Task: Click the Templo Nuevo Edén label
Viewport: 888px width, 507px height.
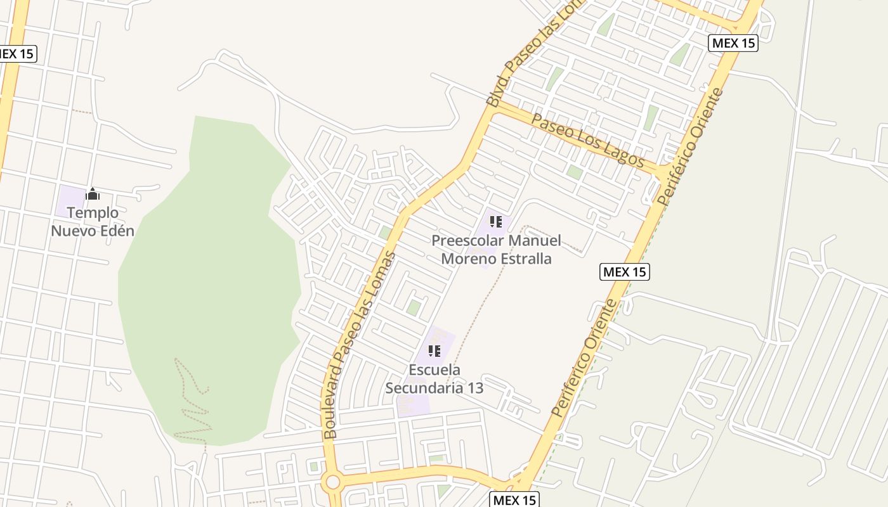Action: coord(93,222)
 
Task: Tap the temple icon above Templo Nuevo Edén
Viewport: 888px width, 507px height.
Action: coord(93,194)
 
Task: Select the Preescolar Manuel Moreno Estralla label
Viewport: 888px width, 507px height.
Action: coord(496,250)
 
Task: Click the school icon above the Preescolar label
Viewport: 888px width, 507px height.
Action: coord(496,222)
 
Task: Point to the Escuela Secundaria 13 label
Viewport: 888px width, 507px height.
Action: coord(434,378)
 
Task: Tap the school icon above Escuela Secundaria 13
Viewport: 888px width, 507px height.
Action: coord(434,350)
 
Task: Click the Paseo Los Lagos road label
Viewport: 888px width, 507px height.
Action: coord(587,140)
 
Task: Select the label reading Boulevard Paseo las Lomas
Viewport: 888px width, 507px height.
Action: coord(359,345)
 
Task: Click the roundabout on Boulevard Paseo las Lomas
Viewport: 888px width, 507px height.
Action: coord(332,482)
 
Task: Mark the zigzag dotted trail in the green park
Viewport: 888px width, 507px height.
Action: coord(190,399)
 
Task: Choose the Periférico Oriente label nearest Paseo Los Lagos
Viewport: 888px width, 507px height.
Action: coord(689,147)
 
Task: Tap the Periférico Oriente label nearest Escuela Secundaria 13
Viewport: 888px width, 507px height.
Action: coord(584,358)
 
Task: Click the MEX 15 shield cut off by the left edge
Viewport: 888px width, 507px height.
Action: coord(17,54)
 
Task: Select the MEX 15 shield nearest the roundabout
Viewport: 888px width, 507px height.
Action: coord(514,500)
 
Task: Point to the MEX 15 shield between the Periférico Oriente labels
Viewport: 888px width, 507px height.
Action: coord(625,272)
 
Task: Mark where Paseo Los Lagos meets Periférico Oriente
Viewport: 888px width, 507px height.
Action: coord(660,173)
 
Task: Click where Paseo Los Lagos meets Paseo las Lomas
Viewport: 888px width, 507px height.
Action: coord(493,108)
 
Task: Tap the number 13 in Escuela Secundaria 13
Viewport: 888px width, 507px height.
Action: coord(474,388)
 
